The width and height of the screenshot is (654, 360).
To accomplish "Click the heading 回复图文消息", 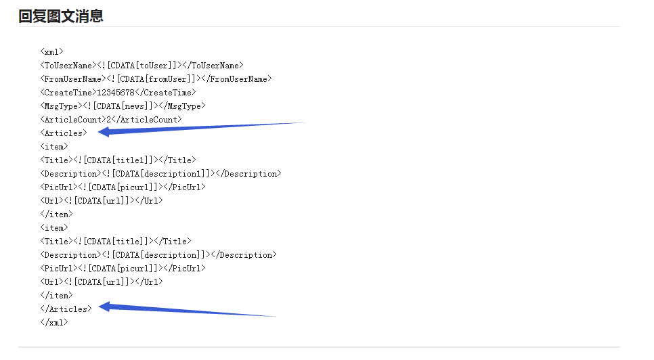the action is pos(61,16).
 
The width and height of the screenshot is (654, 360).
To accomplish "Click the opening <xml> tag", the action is pos(51,51).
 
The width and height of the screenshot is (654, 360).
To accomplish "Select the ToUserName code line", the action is pos(141,66).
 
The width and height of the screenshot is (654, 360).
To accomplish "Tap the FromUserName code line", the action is pos(156,78).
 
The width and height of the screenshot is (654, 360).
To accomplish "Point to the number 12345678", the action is pos(116,93).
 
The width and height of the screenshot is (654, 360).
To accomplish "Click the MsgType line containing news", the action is pos(123,106).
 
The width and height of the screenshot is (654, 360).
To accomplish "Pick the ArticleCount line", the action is pos(111,120).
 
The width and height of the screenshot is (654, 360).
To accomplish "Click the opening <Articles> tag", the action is pos(64,133).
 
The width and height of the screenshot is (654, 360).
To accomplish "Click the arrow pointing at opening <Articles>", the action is pos(202,128).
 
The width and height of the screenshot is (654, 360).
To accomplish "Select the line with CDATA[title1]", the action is pos(118,160).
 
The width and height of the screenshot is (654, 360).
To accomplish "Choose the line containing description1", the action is pos(160,174).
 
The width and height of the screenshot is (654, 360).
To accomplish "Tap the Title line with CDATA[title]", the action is pos(116,242).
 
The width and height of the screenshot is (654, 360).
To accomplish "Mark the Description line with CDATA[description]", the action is pos(158,255).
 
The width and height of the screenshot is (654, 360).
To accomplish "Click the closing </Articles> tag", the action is pos(66,309).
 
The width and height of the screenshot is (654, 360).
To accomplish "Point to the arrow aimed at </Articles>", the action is pos(188,310).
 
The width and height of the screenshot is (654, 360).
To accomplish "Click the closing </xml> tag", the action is pos(54,323).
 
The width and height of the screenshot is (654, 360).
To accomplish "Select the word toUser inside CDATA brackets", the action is pos(154,66).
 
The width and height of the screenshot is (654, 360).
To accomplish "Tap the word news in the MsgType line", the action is pos(134,106).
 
